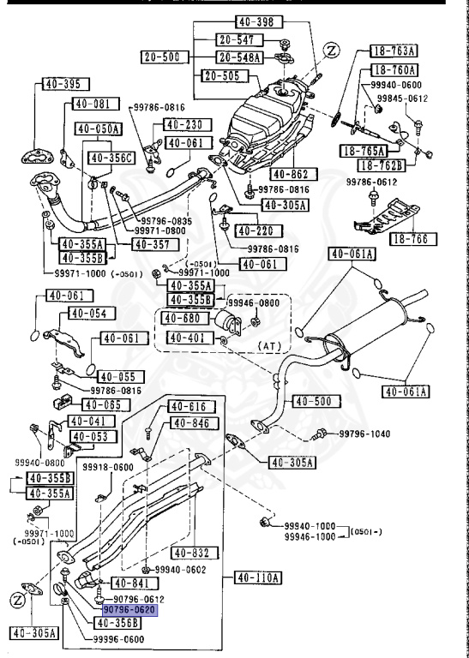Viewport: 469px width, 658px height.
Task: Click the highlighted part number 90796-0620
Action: click(x=129, y=609)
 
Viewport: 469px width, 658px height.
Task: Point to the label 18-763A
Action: click(x=400, y=51)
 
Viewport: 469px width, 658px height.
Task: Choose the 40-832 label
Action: click(x=192, y=552)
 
